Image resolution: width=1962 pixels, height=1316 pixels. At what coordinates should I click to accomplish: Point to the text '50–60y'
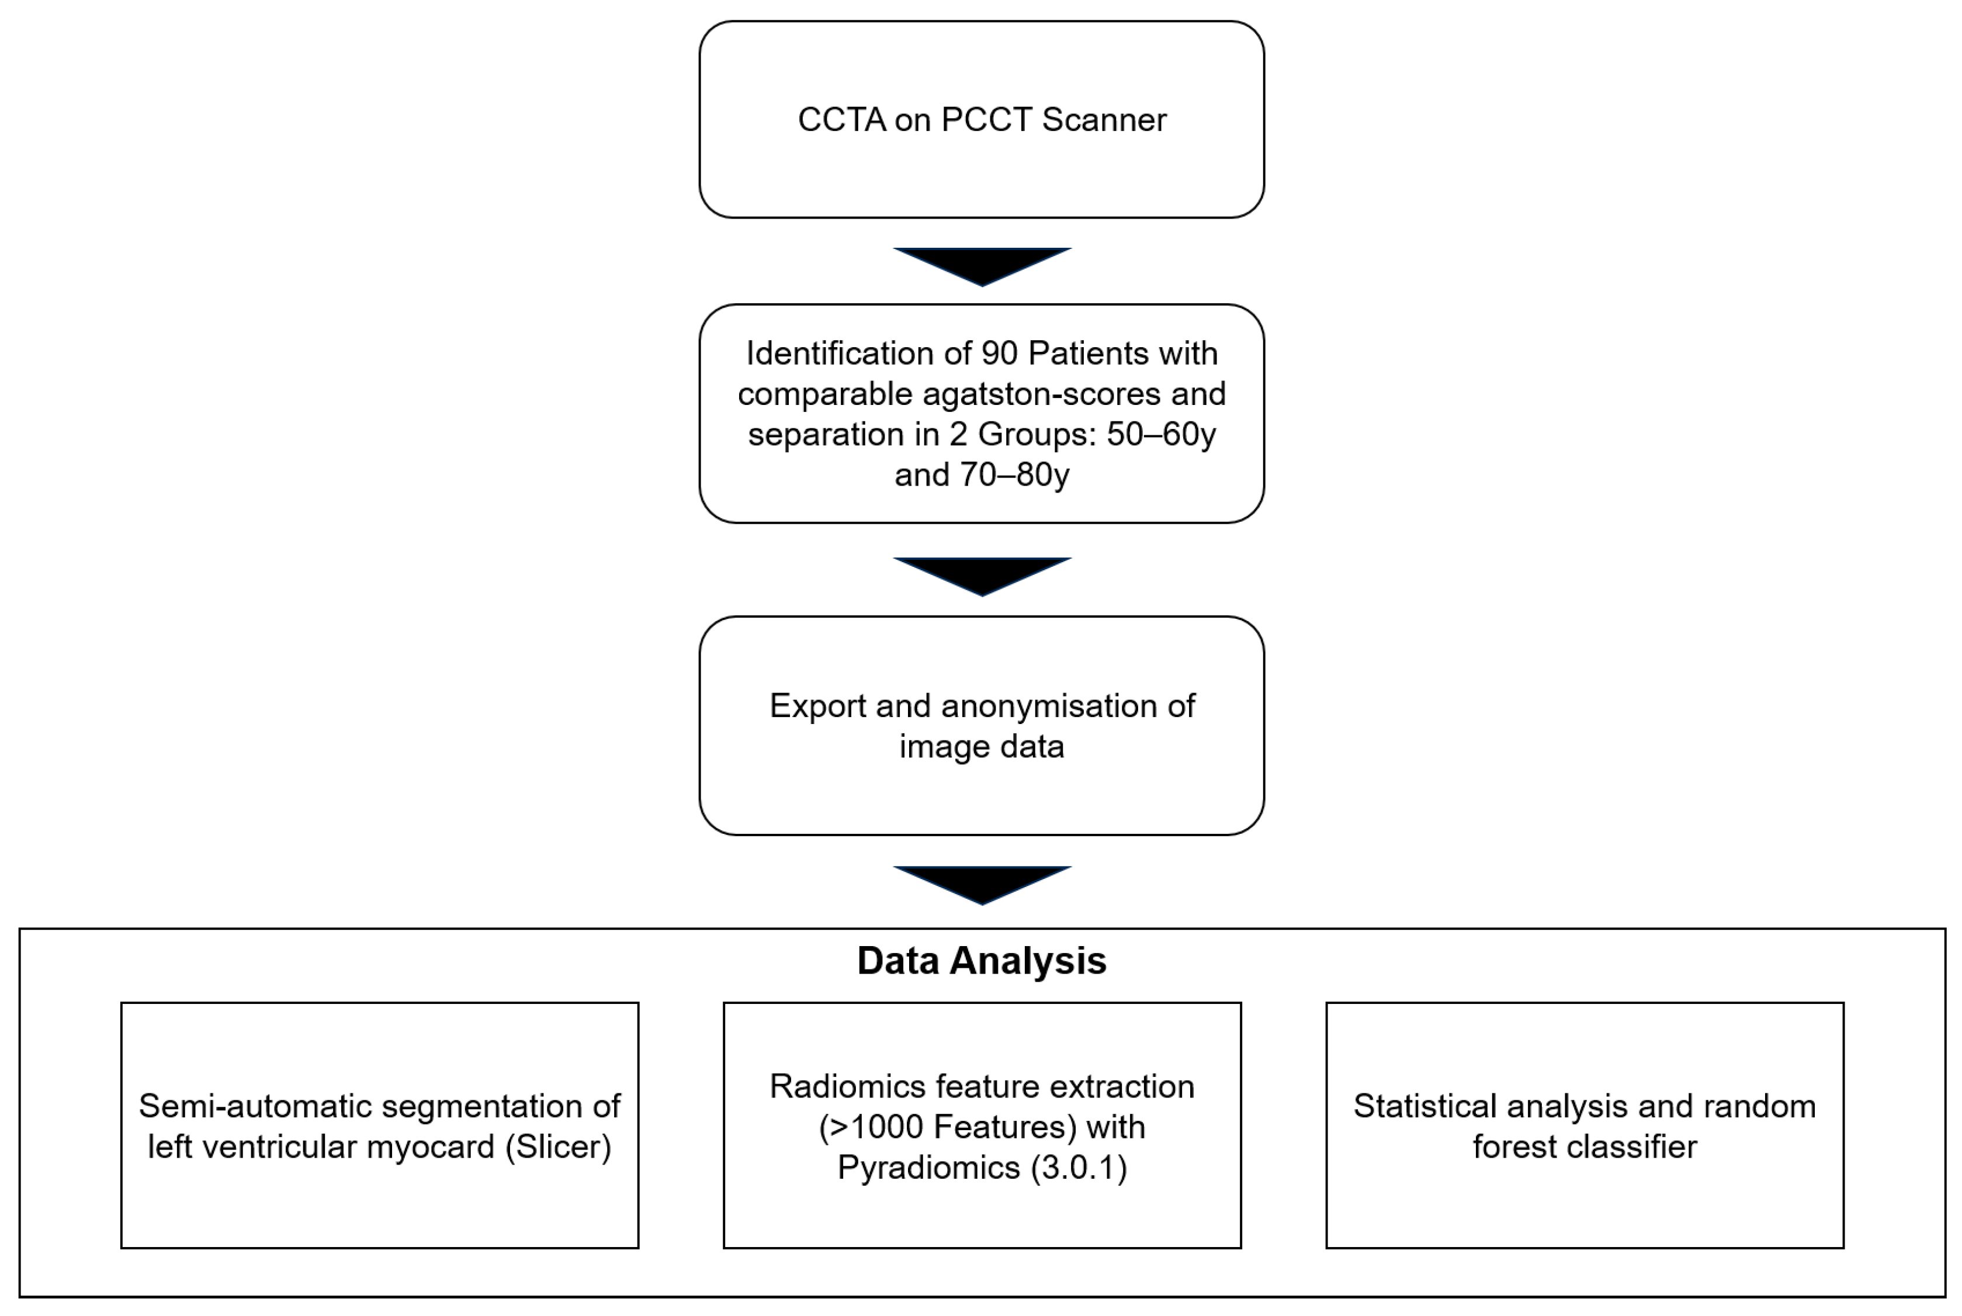pos(1160,434)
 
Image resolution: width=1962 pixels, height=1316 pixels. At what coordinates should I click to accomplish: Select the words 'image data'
pos(981,746)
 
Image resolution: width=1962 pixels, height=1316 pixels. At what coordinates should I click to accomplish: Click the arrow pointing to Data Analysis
pos(982,884)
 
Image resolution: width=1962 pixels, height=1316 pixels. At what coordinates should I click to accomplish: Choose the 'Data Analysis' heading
pos(981,960)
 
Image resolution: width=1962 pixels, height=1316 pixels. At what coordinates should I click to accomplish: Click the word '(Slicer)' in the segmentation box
pos(558,1147)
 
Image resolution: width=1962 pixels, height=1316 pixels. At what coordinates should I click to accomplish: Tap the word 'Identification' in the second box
pos(839,354)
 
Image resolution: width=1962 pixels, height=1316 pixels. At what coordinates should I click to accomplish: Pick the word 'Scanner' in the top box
pos(1104,120)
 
